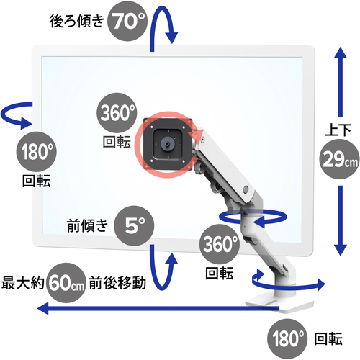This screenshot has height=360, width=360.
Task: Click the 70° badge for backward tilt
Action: [x=127, y=21]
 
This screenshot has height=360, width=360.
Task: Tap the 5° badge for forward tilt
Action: [x=134, y=225]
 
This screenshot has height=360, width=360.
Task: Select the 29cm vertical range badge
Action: [x=339, y=159]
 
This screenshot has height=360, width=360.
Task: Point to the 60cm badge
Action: [x=66, y=283]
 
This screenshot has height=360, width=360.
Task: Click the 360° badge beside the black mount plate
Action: [x=117, y=113]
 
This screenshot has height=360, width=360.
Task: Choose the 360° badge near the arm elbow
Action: [x=220, y=244]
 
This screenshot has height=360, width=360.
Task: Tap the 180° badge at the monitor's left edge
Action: [x=37, y=152]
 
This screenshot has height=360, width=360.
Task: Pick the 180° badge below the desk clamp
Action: [x=287, y=338]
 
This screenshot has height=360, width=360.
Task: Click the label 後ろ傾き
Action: [x=77, y=21]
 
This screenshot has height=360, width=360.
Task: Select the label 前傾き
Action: [x=87, y=225]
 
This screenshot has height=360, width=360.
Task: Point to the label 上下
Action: [x=338, y=130]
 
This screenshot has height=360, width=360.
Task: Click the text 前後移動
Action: [x=117, y=283]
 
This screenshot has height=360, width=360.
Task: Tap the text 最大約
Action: [x=23, y=283]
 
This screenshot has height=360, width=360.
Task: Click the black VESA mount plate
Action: [x=168, y=144]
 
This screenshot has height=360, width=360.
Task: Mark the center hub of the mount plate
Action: [x=168, y=144]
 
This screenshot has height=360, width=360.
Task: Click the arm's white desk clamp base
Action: [x=279, y=305]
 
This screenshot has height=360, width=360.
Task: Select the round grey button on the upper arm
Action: [x=246, y=189]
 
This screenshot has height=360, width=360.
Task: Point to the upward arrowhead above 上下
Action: [x=341, y=53]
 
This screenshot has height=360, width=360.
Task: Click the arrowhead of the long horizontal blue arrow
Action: [x=43, y=308]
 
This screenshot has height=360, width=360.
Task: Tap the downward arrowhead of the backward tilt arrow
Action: [x=172, y=37]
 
